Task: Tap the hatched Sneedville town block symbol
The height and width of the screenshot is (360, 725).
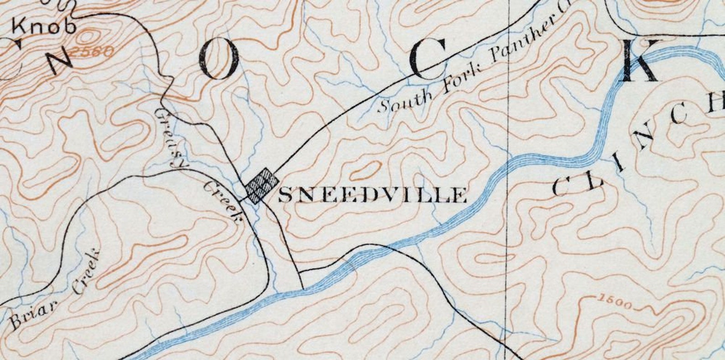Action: [262, 185]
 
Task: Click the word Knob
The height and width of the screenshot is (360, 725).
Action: [44, 26]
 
